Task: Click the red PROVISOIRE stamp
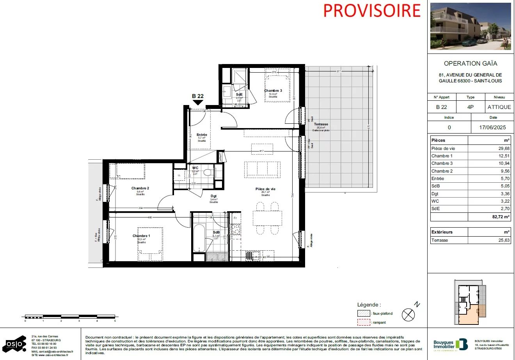click(x=372, y=11)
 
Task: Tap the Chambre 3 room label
click(x=273, y=91)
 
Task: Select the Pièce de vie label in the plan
click(x=265, y=189)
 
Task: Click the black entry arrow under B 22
click(x=198, y=103)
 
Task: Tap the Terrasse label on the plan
click(x=321, y=124)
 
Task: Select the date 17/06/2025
click(x=492, y=127)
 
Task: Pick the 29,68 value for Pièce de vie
click(x=503, y=148)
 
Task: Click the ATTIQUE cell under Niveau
click(x=499, y=107)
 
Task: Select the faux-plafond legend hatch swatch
click(x=364, y=314)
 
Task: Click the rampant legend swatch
click(x=364, y=323)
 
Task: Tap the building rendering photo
click(x=470, y=27)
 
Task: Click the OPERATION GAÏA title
click(x=470, y=63)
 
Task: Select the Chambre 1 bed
click(x=150, y=244)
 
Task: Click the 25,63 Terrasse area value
click(x=503, y=240)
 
